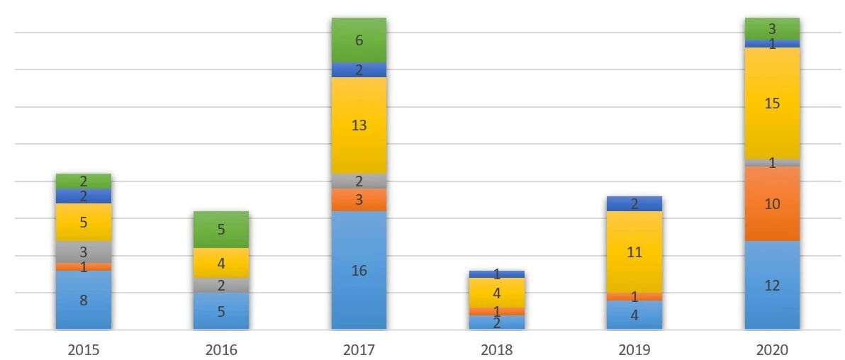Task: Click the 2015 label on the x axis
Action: tap(84, 350)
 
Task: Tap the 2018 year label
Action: tap(497, 350)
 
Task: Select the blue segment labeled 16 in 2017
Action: tap(359, 270)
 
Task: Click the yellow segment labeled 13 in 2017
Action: tap(359, 125)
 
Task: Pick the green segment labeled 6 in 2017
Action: tap(359, 40)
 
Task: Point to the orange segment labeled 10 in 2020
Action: tap(772, 203)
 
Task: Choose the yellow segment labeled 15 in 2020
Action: tap(772, 103)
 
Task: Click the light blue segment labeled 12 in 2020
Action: tap(772, 285)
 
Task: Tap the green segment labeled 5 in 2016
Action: tap(221, 230)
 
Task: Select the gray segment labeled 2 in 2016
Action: tap(221, 285)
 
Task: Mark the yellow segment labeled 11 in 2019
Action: tap(634, 252)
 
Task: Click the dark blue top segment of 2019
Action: tap(634, 204)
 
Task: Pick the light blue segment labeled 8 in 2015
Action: tap(84, 300)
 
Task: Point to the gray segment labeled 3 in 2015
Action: tap(84, 252)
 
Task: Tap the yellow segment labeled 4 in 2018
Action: tap(497, 292)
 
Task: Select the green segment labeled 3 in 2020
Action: tap(772, 29)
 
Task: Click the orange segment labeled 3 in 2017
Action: tap(359, 200)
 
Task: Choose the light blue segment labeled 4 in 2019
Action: tap(634, 315)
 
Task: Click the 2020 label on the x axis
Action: tap(772, 350)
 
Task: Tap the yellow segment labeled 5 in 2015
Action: tap(84, 222)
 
